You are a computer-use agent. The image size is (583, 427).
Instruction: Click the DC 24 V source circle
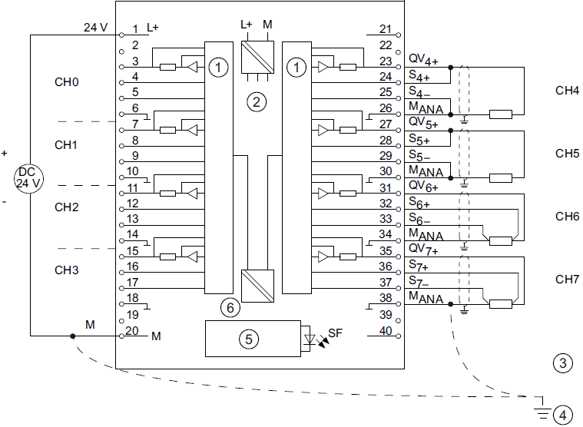point(29,177)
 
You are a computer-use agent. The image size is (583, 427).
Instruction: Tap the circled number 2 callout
point(256,101)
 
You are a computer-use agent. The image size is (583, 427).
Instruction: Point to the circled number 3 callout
point(563,362)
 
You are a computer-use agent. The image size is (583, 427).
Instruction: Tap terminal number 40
point(386,331)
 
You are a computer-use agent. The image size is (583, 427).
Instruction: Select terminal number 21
point(386,29)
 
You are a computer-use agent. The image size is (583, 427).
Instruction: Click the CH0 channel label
point(67,81)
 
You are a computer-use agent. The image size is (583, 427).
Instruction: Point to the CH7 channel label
point(567,279)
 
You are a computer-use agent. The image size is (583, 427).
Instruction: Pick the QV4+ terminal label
point(423,59)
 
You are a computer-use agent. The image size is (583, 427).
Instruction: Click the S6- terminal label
point(419,220)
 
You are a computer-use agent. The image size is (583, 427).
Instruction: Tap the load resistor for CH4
point(501,114)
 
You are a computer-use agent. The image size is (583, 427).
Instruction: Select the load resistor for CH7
point(501,303)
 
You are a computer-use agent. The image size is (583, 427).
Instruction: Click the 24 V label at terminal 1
point(95,28)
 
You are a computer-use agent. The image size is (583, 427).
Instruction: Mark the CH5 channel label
point(567,154)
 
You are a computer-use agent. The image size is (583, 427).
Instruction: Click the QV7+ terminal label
point(423,249)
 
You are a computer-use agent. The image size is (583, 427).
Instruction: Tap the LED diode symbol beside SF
point(311,339)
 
